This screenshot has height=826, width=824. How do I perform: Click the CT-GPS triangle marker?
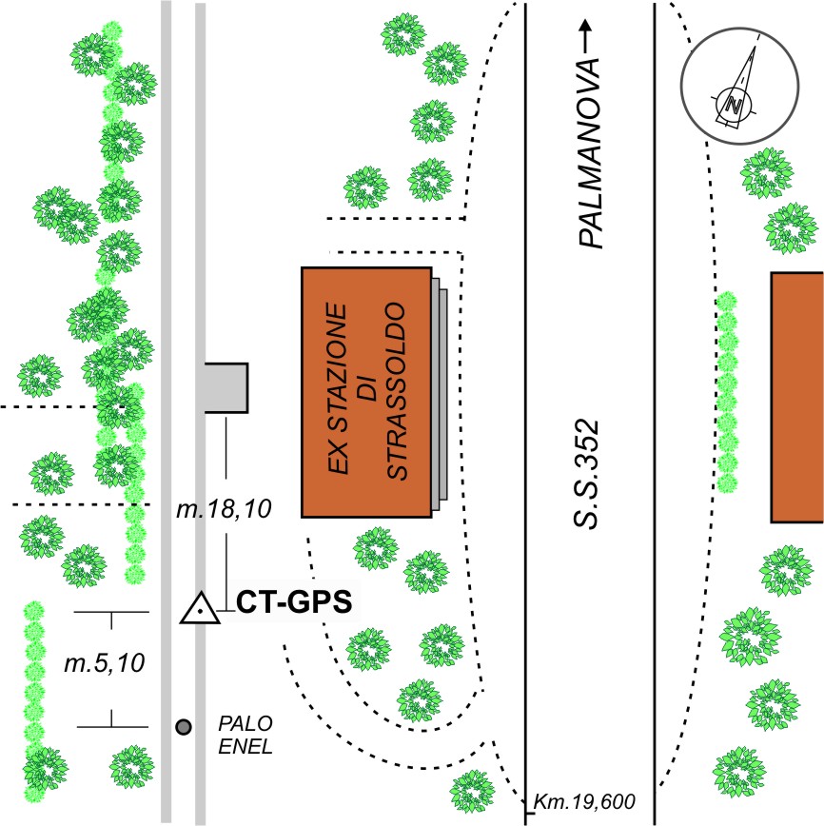(201, 608)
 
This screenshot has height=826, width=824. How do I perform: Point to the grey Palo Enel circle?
(184, 727)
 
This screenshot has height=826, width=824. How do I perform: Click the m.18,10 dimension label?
(226, 510)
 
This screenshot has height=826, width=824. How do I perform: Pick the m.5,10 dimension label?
(106, 663)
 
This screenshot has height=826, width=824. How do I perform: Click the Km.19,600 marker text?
(584, 800)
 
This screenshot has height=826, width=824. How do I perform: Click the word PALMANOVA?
(591, 152)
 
